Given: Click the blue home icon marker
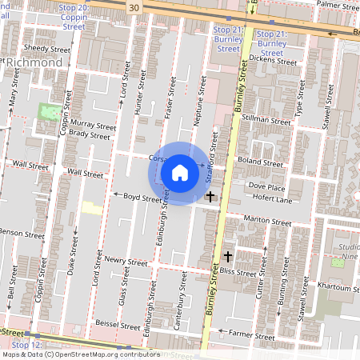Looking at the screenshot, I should point(180,173).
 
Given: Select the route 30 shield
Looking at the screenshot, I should point(134,7).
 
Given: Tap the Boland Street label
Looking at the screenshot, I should point(262,163).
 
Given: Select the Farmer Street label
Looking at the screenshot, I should point(246,332).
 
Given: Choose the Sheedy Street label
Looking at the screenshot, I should point(47,48).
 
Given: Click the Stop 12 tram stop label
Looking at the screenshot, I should point(26,344).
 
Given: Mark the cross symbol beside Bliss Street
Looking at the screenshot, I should point(228,256).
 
